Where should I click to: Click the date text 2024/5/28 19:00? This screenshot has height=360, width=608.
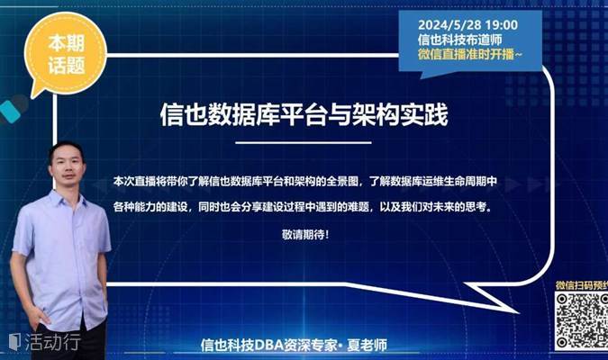pos(467,25)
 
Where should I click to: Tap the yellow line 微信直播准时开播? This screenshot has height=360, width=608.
pos(470,54)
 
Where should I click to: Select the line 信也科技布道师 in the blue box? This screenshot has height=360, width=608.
pos(460,40)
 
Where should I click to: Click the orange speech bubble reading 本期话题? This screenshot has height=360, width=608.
pos(65,54)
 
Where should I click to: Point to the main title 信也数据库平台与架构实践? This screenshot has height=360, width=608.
pos(304,114)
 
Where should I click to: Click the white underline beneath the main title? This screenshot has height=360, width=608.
pos(304,142)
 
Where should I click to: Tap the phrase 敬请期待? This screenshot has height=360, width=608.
pos(305,234)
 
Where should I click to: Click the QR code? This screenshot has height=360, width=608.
pos(582,321)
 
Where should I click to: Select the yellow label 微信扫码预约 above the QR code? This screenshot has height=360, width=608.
pos(582,285)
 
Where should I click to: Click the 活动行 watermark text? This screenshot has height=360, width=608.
pos(53,342)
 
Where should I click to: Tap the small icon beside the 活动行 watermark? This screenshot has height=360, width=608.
pos(14,342)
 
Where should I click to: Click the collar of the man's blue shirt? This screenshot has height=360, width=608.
pos(64,196)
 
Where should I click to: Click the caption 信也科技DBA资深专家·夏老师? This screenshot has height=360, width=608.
pos(294,345)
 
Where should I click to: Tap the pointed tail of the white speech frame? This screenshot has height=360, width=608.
pos(518,312)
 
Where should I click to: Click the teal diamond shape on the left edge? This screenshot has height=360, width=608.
pos(10,112)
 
